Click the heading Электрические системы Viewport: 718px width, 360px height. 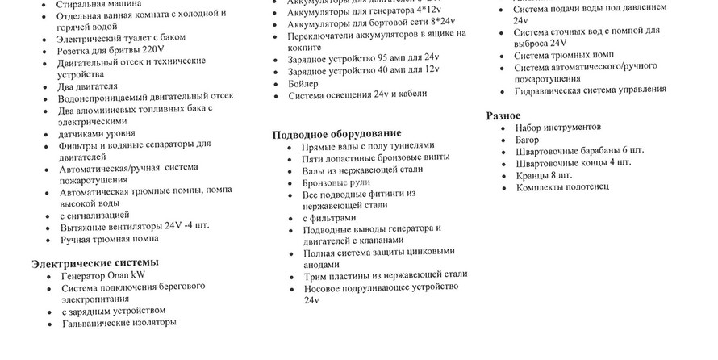94,262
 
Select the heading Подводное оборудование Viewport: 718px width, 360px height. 336,133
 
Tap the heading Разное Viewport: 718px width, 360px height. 503,115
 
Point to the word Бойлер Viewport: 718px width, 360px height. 303,83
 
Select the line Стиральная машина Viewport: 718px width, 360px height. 98,4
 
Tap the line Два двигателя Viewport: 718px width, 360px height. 88,86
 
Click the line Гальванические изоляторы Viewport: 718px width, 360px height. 119,323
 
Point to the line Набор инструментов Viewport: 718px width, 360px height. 557,128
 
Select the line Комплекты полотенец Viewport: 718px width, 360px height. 562,187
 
